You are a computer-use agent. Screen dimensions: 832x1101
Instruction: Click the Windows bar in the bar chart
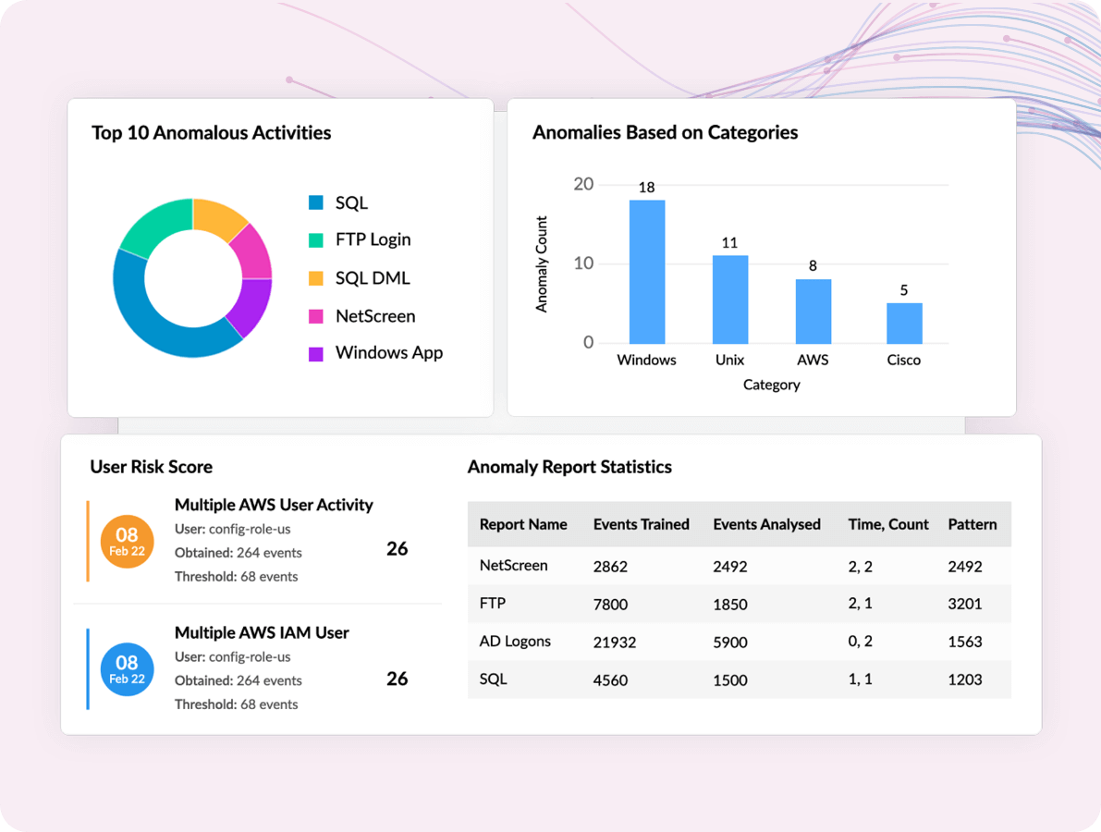[647, 272]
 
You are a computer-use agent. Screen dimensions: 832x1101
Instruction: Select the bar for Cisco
[904, 323]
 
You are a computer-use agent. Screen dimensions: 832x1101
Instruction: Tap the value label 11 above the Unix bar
[729, 243]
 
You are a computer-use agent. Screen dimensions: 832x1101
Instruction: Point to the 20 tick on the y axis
[583, 184]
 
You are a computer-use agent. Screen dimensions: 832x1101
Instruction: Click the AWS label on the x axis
[813, 360]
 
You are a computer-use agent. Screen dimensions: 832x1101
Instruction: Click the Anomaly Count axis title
[542, 264]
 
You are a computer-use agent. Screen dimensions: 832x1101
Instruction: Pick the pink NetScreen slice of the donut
[252, 250]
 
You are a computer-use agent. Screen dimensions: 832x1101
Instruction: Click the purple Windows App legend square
[316, 354]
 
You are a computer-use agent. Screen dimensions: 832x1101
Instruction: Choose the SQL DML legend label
[372, 278]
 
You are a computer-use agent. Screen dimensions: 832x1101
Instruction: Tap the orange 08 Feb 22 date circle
[127, 542]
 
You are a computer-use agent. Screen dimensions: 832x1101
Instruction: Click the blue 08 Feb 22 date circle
[127, 669]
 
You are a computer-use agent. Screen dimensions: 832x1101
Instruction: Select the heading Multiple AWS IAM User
[262, 633]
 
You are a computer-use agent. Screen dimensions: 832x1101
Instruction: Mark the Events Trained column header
[641, 524]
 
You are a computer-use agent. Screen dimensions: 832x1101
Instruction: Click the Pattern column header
[972, 524]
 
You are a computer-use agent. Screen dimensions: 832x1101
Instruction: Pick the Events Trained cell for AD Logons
[614, 642]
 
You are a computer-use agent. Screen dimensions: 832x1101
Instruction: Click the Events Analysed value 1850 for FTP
[729, 605]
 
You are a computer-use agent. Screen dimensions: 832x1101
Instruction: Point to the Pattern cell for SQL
[964, 680]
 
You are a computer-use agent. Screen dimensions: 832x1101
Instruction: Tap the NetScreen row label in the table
[513, 565]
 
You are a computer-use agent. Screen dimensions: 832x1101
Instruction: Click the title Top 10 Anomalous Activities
[211, 133]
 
